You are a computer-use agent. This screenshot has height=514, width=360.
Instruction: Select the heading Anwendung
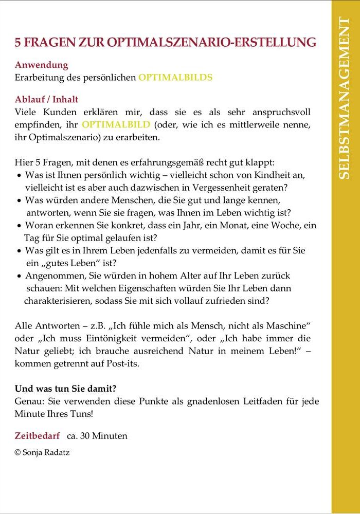pos(42,65)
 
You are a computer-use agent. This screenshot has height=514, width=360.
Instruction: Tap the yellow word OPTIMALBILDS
pos(175,78)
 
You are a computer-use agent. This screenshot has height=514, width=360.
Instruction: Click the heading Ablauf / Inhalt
pos(47,100)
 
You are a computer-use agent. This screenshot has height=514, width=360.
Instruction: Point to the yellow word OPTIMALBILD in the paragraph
pos(116,125)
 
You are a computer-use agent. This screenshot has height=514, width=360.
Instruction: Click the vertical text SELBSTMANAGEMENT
pos(345,98)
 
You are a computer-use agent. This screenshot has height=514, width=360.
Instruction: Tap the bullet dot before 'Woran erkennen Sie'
pos(19,226)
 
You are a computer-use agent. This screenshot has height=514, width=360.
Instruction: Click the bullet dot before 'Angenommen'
pos(19,276)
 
